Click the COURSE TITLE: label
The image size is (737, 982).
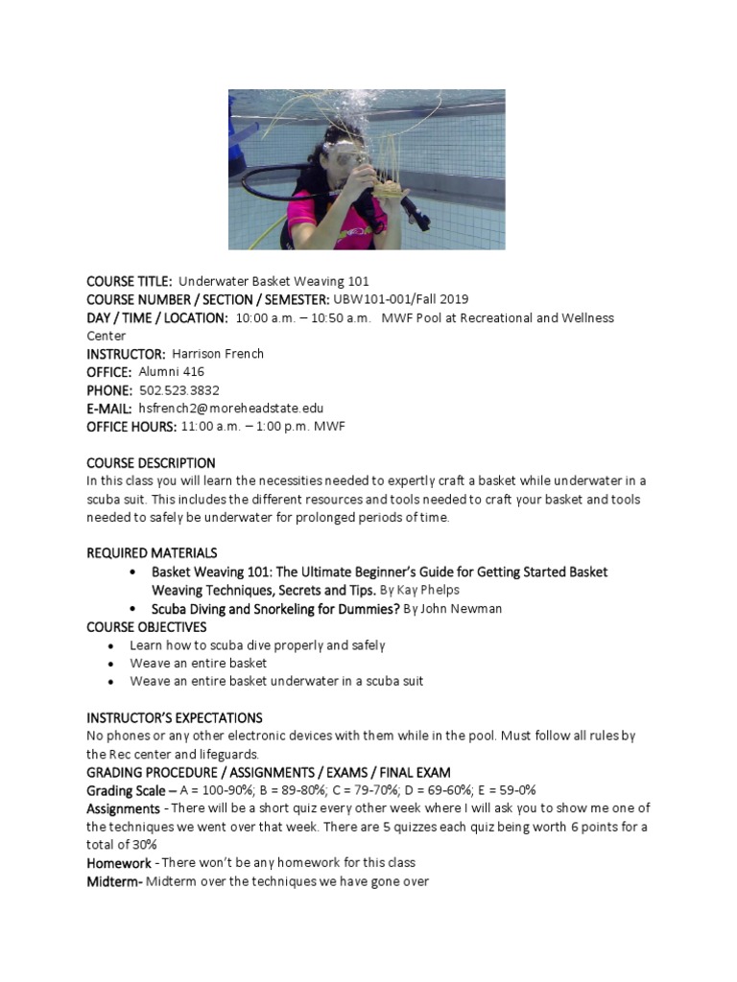point(130,281)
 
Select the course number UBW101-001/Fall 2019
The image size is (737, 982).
point(400,299)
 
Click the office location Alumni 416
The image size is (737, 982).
point(172,372)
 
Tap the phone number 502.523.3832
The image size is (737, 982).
point(178,390)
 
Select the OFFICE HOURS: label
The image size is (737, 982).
point(131,427)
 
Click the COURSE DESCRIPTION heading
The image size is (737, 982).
point(151,463)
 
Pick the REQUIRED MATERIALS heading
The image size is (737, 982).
point(152,553)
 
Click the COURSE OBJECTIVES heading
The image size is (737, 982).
point(147,627)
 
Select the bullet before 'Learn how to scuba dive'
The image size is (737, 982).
point(112,646)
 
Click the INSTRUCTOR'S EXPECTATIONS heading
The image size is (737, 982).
point(175,718)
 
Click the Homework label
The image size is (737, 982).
point(119,864)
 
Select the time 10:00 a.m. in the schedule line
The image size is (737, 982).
point(267,317)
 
